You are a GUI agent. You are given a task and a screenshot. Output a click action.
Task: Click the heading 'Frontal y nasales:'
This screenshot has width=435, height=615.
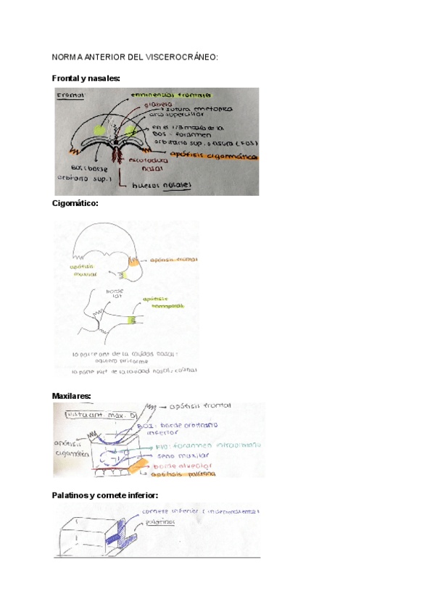click(86, 78)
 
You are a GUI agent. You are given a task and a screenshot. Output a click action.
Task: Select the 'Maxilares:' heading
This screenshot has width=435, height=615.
click(72, 396)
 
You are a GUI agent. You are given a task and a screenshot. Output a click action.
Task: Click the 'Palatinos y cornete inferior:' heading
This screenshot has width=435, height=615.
click(104, 495)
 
